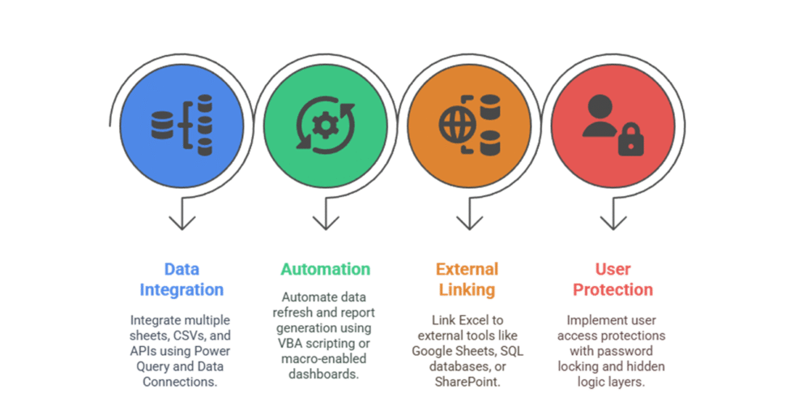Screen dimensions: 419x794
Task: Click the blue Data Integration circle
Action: pyautogui.click(x=181, y=126)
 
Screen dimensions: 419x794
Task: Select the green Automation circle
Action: pyautogui.click(x=325, y=126)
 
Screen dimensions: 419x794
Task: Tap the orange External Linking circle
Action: pyautogui.click(x=468, y=126)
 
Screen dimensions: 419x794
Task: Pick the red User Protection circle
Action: pyautogui.click(x=613, y=126)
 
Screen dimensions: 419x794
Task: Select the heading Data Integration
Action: pyautogui.click(x=181, y=280)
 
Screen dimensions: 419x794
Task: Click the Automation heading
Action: pyautogui.click(x=326, y=269)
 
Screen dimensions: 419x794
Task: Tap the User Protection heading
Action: pyautogui.click(x=613, y=280)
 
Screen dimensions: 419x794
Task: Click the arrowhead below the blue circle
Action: pyautogui.click(x=181, y=221)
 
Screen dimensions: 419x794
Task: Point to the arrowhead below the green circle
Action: pyautogui.click(x=326, y=221)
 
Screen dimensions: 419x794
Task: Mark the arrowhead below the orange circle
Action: pyautogui.click(x=469, y=221)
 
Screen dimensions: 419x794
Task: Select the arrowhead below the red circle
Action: pyautogui.click(x=613, y=221)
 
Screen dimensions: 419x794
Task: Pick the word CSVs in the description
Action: pyautogui.click(x=191, y=336)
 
